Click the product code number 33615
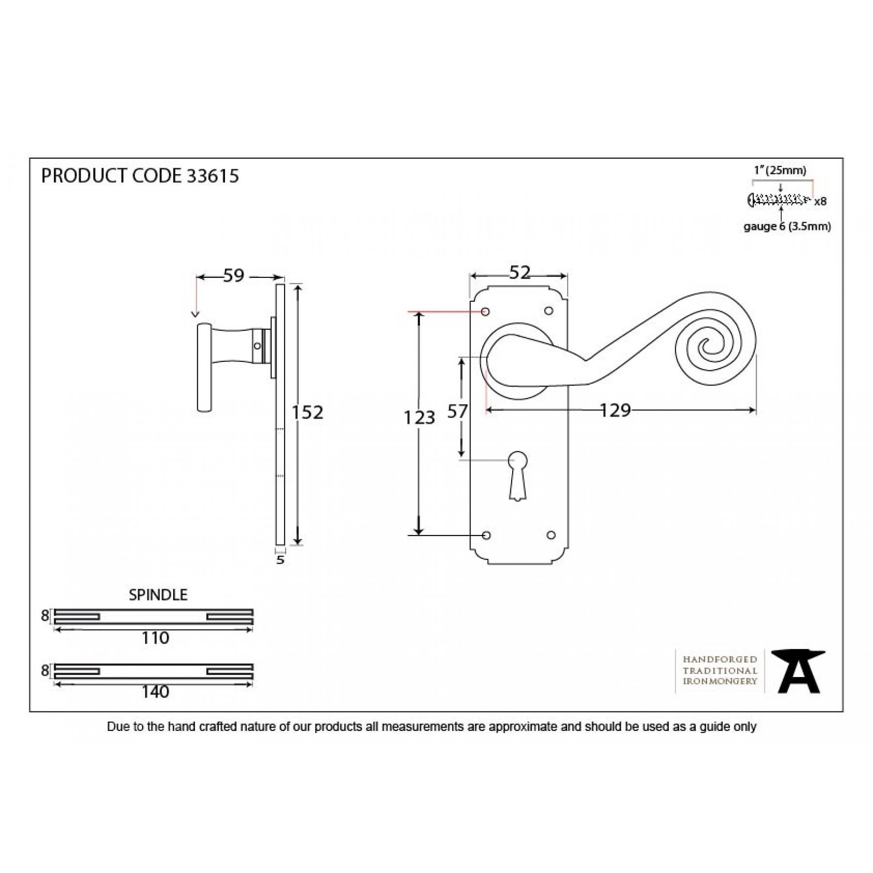tap(213, 176)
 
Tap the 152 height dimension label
tap(307, 412)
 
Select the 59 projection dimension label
tap(233, 275)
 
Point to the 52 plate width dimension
tap(520, 273)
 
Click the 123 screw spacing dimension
tap(420, 417)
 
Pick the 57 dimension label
tap(457, 411)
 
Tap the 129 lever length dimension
tap(615, 410)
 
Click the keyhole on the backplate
tap(518, 475)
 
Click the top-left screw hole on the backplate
tap(485, 311)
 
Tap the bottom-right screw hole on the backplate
tap(550, 535)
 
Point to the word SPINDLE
tap(158, 595)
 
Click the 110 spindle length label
tap(155, 638)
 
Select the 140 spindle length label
tap(155, 692)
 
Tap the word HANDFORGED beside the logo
tap(720, 659)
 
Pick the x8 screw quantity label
tap(820, 201)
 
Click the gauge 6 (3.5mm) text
tap(787, 226)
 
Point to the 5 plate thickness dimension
tap(280, 560)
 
